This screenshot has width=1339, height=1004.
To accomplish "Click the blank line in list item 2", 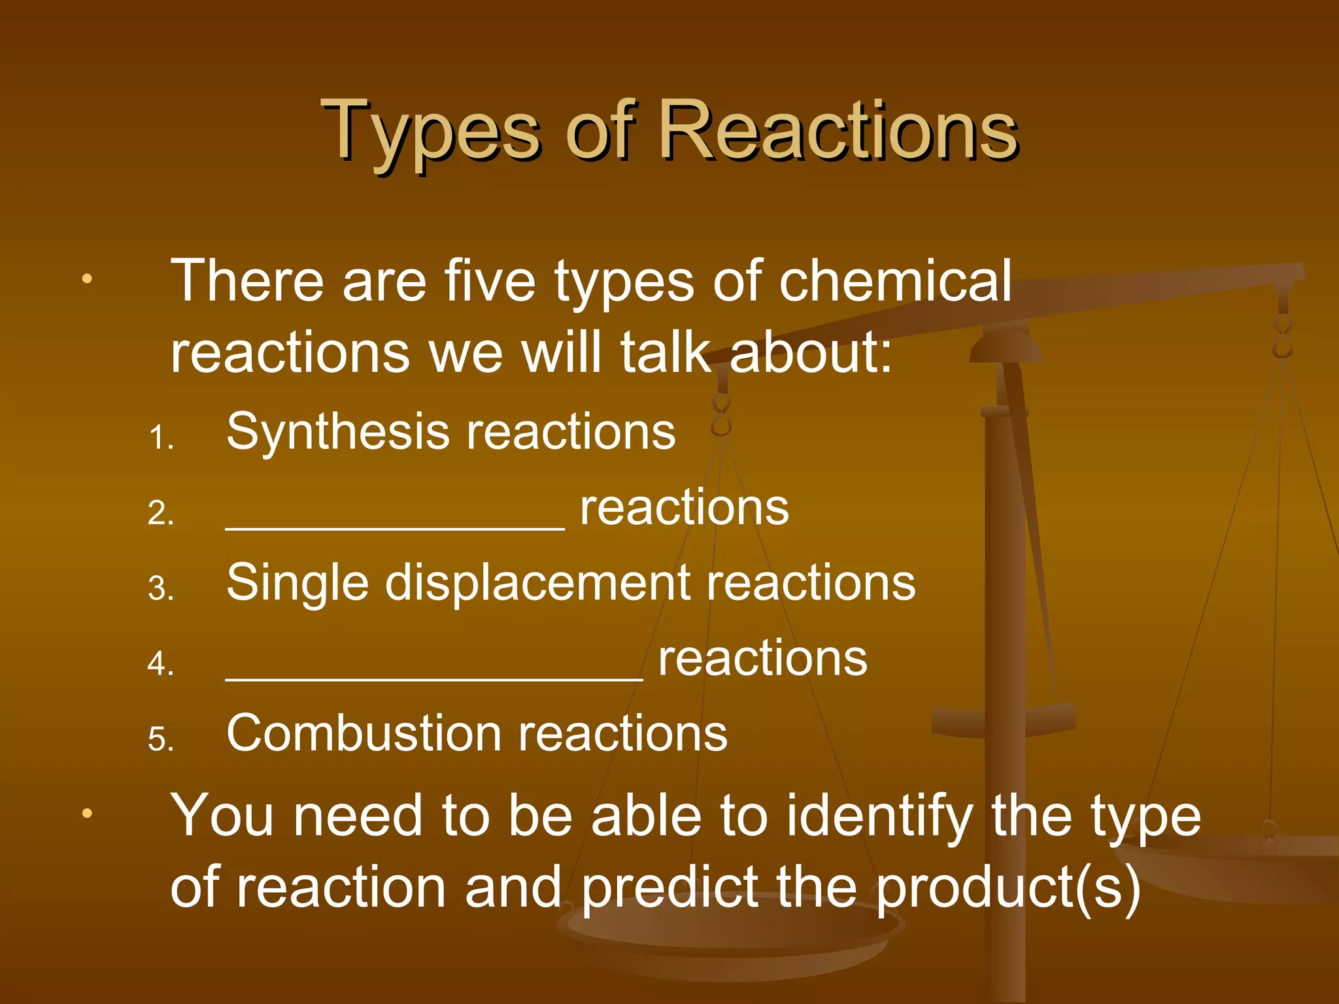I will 395,527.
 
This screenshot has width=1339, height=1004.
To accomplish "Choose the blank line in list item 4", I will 434,677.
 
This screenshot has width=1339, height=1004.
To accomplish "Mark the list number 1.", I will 160,438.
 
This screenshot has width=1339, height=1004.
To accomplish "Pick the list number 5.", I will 160,740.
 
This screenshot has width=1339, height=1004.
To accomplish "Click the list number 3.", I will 160,589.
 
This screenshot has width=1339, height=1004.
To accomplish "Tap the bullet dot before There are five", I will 87,280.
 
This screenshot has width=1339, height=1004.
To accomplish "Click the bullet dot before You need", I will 87,814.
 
